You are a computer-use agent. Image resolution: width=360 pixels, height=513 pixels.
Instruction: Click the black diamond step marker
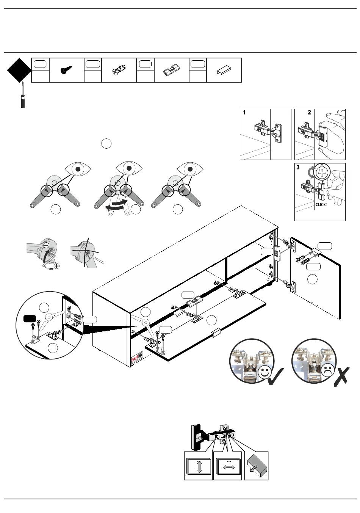click(x=19, y=70)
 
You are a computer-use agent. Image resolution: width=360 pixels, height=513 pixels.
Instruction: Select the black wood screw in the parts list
click(x=66, y=70)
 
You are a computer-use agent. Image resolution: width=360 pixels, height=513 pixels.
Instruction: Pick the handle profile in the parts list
click(x=224, y=71)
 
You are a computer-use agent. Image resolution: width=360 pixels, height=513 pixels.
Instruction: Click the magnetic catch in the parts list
click(x=171, y=71)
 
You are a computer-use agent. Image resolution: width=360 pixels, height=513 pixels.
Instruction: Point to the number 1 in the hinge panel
click(x=244, y=113)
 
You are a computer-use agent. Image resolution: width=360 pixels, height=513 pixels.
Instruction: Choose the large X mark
click(x=341, y=377)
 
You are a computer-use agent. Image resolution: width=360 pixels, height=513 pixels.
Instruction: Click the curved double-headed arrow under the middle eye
click(x=119, y=205)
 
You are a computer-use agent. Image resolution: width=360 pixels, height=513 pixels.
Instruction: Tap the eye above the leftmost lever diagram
click(x=78, y=169)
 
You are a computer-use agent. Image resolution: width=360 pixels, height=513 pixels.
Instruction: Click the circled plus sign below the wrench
click(x=56, y=266)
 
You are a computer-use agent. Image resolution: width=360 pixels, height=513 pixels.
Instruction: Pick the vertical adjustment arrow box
click(x=199, y=466)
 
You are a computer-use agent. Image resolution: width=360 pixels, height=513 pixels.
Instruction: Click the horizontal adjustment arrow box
click(x=228, y=467)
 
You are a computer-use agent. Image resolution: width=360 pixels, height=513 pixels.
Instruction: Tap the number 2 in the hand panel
click(x=310, y=113)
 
